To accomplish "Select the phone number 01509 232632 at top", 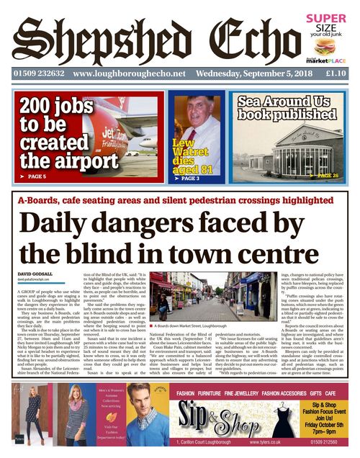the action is (37, 73).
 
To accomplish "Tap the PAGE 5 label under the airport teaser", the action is (35, 176).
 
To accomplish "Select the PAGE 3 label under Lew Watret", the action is (189, 177).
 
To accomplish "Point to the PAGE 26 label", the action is (330, 175).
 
